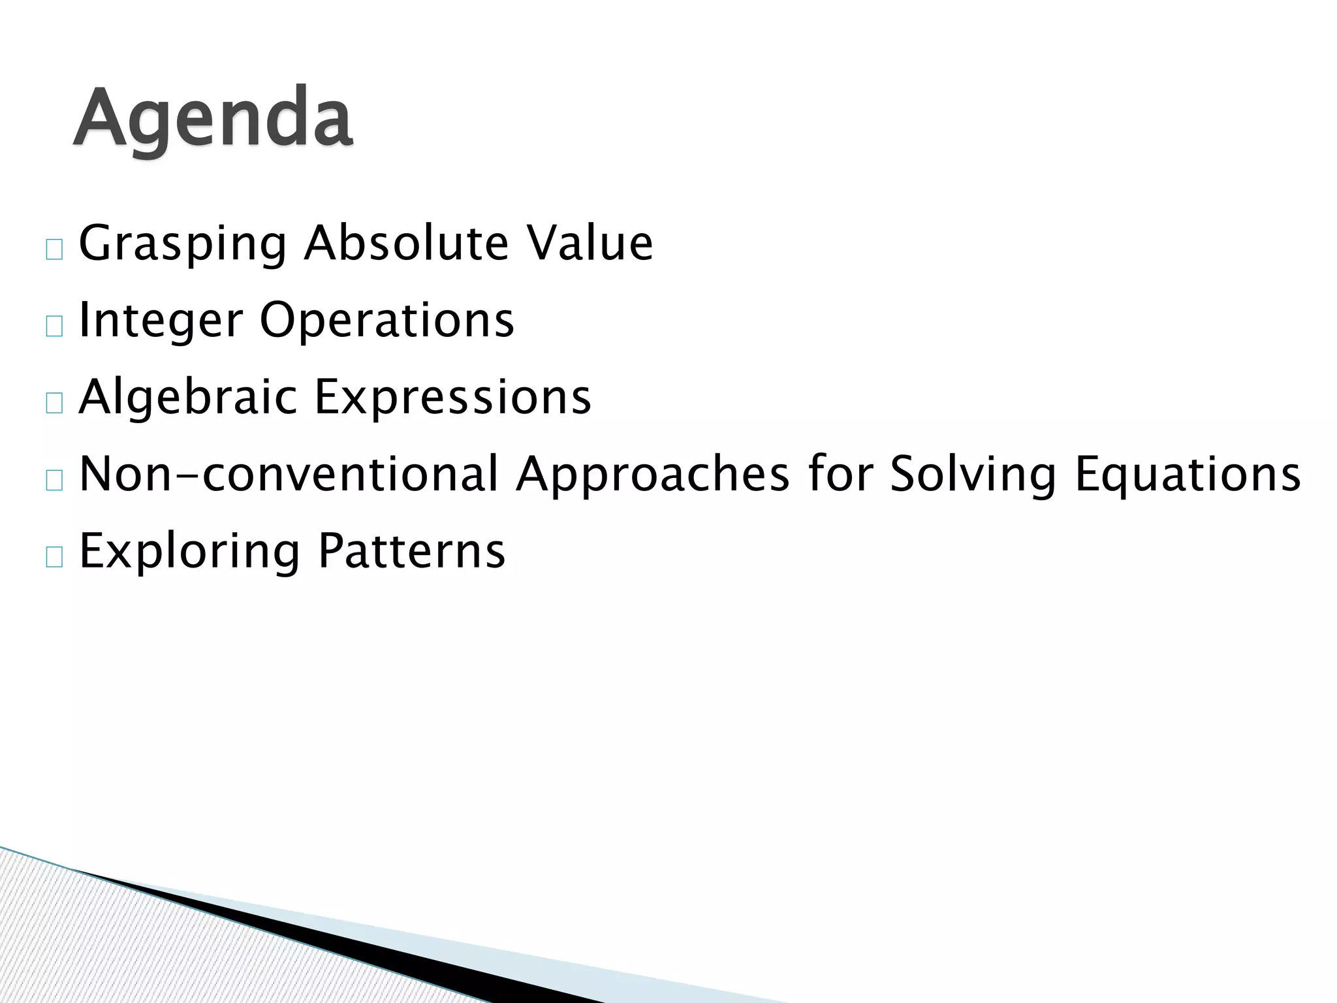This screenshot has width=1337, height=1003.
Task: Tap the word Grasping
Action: click(182, 244)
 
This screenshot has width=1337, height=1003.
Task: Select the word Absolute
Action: click(405, 243)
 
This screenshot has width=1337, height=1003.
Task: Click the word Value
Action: click(590, 243)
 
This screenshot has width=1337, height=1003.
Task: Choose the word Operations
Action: click(387, 321)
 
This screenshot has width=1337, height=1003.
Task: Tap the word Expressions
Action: click(453, 398)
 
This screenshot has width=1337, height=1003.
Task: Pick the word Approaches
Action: click(653, 474)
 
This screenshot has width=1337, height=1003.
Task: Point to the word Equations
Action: click(1188, 474)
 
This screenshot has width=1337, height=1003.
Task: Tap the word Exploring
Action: click(189, 552)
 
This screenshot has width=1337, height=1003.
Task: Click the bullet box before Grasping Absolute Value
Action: click(55, 250)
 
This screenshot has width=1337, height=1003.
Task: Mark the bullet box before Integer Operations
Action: click(55, 326)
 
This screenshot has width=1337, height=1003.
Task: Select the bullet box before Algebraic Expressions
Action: click(55, 404)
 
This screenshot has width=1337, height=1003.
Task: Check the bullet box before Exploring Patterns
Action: click(55, 558)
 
